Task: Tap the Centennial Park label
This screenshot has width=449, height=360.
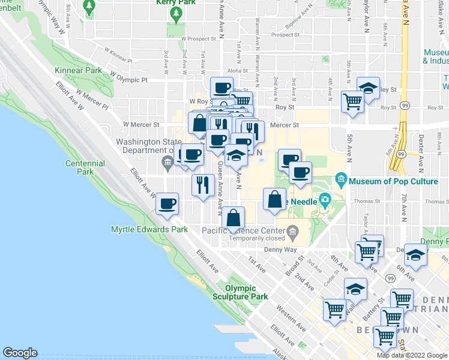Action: tap(85, 167)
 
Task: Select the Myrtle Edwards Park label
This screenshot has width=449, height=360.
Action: tap(149, 229)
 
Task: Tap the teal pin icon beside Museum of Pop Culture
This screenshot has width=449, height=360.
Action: tap(341, 179)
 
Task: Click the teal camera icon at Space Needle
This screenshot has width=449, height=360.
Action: tap(325, 199)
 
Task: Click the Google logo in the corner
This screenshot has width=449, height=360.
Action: tap(20, 353)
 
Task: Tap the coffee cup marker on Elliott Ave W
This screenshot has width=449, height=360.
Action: tap(167, 203)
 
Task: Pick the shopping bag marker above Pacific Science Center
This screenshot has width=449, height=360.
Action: tap(234, 218)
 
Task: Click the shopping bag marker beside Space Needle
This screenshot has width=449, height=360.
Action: tap(274, 199)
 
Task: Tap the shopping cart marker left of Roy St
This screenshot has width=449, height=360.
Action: tap(352, 100)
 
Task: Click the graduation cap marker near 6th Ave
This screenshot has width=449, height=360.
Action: tap(415, 254)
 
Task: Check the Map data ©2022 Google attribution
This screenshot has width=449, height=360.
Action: tap(412, 355)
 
